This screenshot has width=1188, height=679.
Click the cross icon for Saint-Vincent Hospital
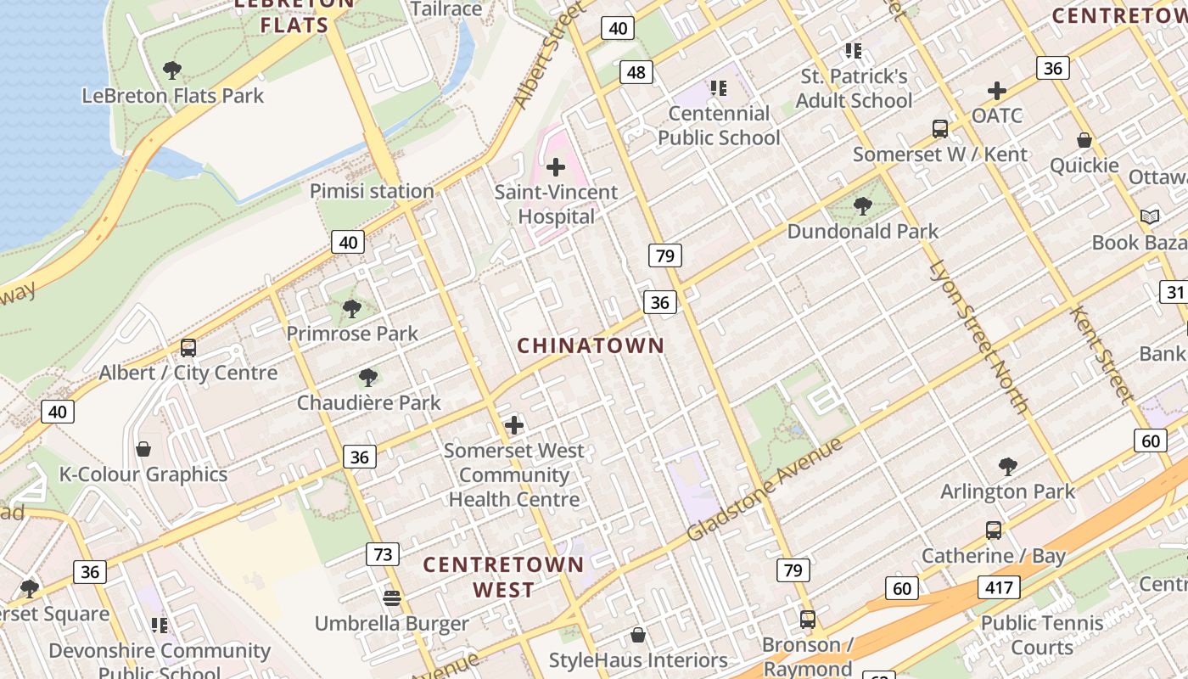[x=556, y=167]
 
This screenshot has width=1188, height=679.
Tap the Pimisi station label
[x=372, y=191]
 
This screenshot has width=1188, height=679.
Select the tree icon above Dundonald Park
[x=863, y=205]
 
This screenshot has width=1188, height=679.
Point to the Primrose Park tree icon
[x=352, y=308]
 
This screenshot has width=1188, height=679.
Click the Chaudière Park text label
[x=369, y=402]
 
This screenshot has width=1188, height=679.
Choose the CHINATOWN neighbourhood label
[x=591, y=345]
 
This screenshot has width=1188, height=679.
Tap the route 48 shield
[x=636, y=72]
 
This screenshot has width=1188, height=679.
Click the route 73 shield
[x=384, y=554]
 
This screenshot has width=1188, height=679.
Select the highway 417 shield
[x=998, y=586]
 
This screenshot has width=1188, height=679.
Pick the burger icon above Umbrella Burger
[x=391, y=598]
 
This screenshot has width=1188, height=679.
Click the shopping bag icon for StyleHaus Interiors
[x=638, y=635]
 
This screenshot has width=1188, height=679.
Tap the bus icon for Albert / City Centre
[x=188, y=348]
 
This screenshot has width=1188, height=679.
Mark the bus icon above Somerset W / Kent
[x=940, y=129]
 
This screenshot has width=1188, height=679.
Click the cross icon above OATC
[x=997, y=90]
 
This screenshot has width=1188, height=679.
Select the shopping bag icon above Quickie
[x=1084, y=140]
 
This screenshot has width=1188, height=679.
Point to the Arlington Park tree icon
[x=1008, y=466]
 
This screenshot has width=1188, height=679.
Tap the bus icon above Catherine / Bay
[x=994, y=530]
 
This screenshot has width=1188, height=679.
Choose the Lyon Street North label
[x=979, y=336]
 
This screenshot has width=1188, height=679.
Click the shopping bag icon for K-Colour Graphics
[x=143, y=448]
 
